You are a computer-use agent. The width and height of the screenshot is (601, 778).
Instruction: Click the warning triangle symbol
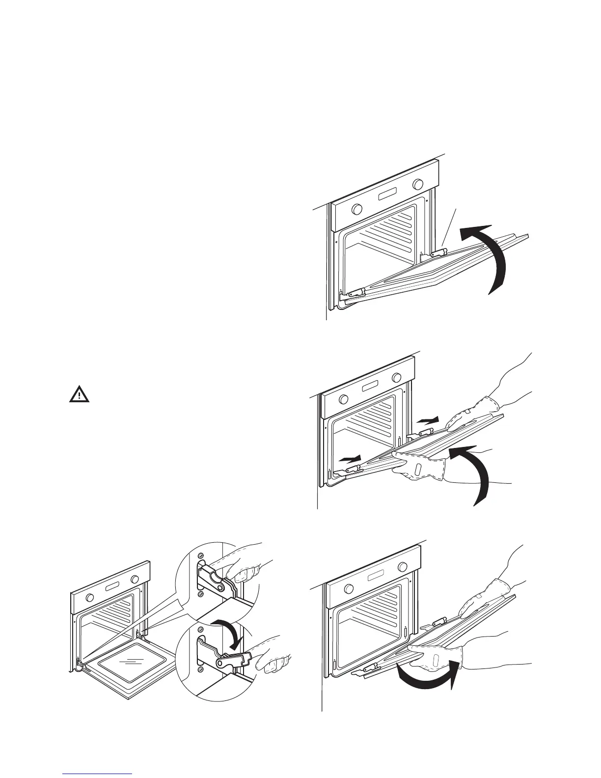click(x=79, y=395)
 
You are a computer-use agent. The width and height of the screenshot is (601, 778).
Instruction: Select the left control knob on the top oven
click(x=356, y=209)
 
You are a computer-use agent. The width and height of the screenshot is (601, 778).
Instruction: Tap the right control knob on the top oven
click(x=418, y=184)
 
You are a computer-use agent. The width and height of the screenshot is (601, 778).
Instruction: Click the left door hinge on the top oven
click(x=355, y=293)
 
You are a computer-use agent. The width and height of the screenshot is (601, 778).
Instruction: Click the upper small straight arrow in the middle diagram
click(x=427, y=420)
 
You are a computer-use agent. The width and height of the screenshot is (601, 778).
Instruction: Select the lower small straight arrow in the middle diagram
click(x=352, y=459)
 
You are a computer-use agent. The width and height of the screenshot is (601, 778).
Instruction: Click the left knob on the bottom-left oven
click(x=90, y=598)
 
